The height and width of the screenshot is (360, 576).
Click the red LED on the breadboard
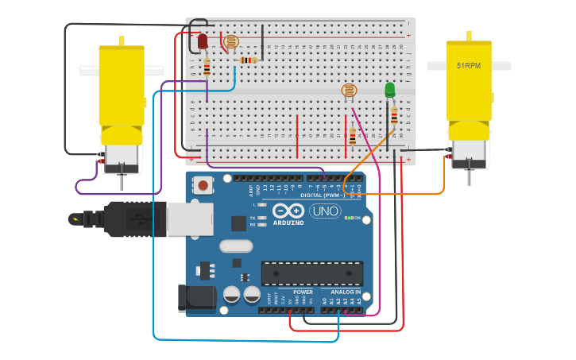pyautogui.click(x=203, y=41)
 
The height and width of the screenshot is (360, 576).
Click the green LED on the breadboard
pyautogui.click(x=389, y=90)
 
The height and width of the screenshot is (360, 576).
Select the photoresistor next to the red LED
pyautogui.click(x=231, y=42)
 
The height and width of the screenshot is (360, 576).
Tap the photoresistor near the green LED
pyautogui.click(x=349, y=91)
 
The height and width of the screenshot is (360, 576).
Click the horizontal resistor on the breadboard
pyautogui.click(x=249, y=60)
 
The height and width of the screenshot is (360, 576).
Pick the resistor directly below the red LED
pyautogui.click(x=207, y=68)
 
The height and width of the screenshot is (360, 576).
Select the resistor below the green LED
pyautogui.click(x=394, y=117)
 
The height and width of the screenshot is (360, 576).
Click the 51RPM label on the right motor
pyautogui.click(x=468, y=66)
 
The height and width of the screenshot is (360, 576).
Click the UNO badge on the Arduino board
pyautogui.click(x=326, y=211)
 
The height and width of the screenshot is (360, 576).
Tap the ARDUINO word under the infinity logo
pyautogui.click(x=288, y=223)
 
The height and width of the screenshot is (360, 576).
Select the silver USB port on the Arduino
pyautogui.click(x=189, y=219)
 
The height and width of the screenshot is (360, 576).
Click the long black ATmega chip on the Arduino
pyautogui.click(x=312, y=273)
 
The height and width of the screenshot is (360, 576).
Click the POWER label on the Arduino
pyautogui.click(x=303, y=292)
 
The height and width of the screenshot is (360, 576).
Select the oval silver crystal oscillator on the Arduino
pyautogui.click(x=236, y=246)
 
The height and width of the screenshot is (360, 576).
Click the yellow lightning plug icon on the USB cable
pyautogui.click(x=75, y=219)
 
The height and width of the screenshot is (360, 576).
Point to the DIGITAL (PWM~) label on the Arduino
pyautogui.click(x=321, y=195)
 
